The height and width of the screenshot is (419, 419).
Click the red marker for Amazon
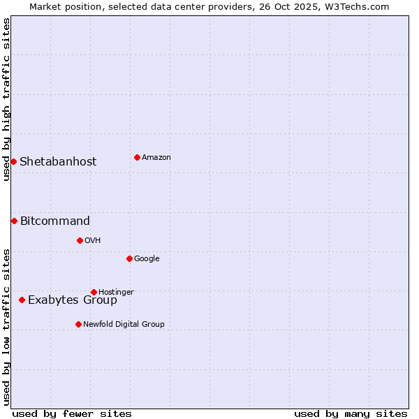(x=137, y=157)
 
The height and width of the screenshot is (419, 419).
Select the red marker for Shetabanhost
(x=13, y=161)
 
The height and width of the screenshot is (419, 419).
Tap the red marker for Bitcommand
(x=14, y=221)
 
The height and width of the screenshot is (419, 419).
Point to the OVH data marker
(x=80, y=240)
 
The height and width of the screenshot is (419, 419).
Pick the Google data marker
(x=129, y=258)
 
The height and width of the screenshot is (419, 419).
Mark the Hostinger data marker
(x=94, y=292)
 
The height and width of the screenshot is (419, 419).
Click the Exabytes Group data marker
(x=22, y=300)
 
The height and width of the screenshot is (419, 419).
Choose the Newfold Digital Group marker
(x=78, y=324)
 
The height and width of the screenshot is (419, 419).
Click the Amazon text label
(x=156, y=158)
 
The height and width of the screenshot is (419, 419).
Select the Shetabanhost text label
(x=58, y=162)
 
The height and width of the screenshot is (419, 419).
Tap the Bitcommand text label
(x=55, y=221)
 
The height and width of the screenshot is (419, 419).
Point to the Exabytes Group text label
(x=73, y=300)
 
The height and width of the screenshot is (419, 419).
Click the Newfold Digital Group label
(x=124, y=324)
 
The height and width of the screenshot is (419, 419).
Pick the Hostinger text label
(x=116, y=292)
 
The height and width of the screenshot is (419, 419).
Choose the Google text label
(x=147, y=259)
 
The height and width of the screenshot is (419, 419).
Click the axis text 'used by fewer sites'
(x=72, y=413)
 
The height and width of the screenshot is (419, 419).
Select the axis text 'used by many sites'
(x=351, y=413)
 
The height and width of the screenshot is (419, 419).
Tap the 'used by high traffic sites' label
(x=6, y=99)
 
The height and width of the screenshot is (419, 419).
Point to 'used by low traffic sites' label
(x=6, y=327)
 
